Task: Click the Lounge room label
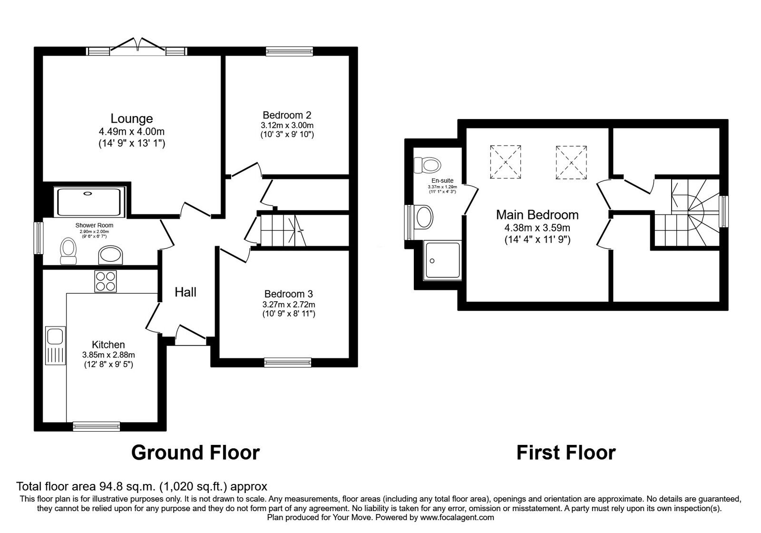point(132,118)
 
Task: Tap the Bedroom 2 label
point(287,115)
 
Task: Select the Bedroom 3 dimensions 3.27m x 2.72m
point(288,305)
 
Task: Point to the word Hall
point(185,292)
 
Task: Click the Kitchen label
point(108,345)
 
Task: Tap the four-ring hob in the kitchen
point(105,281)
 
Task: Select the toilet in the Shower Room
point(68,251)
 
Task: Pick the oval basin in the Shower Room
point(110,255)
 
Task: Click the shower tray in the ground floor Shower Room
point(89,202)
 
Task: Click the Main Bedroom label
point(537,215)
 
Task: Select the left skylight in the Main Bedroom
point(506,162)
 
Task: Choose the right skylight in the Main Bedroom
point(571,162)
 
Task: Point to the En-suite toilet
point(428,166)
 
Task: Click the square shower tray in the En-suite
point(443,260)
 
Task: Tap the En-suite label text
point(442,181)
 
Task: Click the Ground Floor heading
point(195,453)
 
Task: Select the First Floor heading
point(566,453)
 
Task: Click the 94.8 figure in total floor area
point(108,487)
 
